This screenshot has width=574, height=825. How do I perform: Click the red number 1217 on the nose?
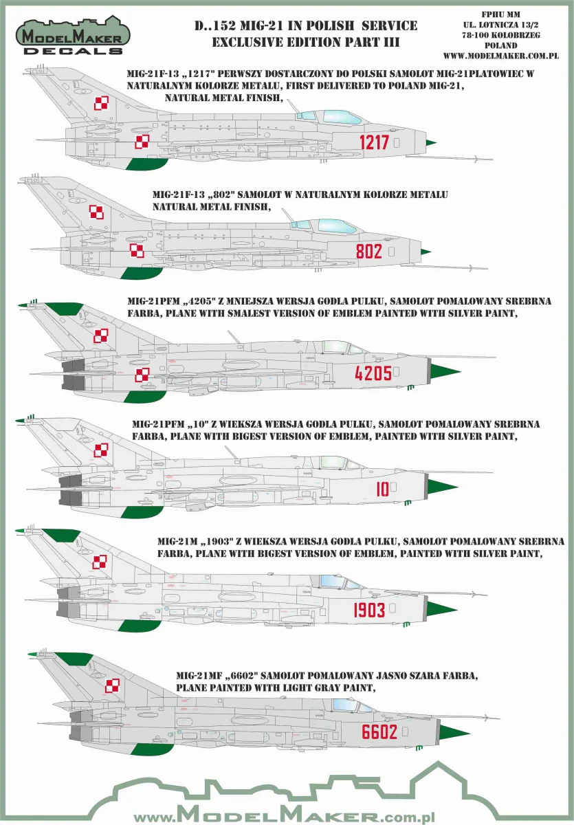pos(374,142)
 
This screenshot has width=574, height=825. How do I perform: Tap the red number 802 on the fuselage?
pos(369,251)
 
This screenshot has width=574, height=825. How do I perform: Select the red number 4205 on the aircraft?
pos(373,373)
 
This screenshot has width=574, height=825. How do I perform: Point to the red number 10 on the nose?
pos(382,489)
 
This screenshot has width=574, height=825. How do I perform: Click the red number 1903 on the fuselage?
pos(369,610)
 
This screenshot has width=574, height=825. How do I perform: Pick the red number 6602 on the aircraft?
pos(379,731)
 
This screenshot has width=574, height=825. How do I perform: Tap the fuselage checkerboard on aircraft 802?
pos(137,251)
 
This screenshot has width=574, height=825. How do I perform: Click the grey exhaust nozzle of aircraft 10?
pos(71,489)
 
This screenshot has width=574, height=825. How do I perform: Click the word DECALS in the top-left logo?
pos(73,50)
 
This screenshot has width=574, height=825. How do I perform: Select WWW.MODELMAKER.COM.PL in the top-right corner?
pos(501,56)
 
